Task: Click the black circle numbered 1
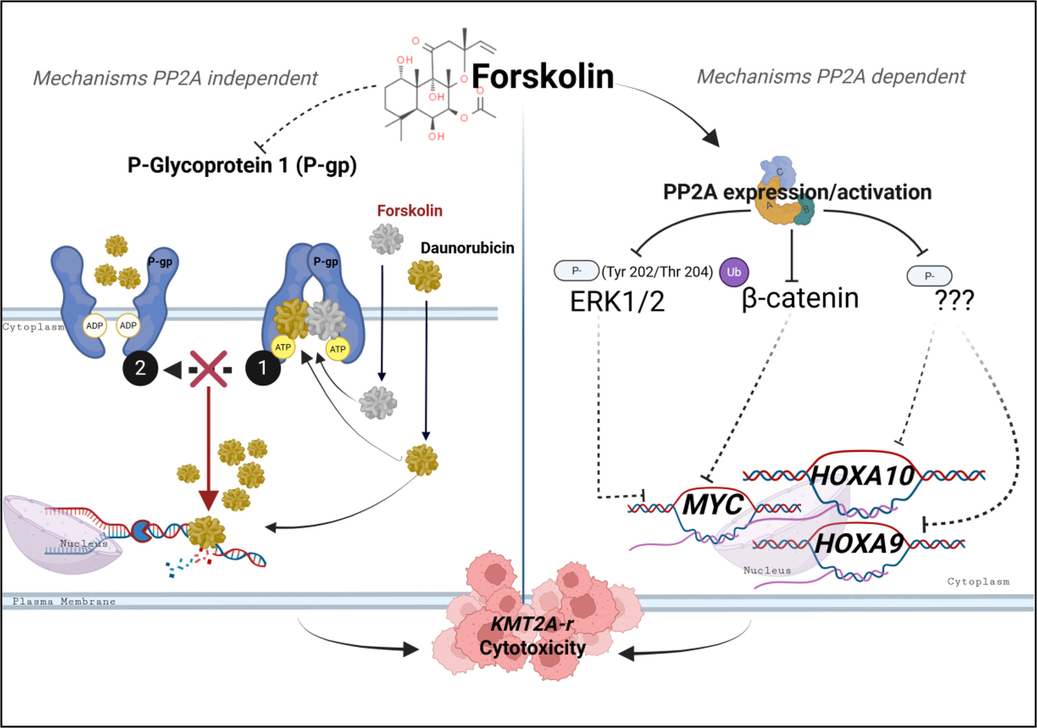point(263,368)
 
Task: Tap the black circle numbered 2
point(140,368)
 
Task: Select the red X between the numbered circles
point(208,369)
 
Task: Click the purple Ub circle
point(734,272)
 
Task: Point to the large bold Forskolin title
point(542,77)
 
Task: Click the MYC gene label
point(712,505)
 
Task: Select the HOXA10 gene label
point(862,475)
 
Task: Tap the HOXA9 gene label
point(859,544)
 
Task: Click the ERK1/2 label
point(617,301)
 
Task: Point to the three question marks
point(954,300)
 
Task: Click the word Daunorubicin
point(467,248)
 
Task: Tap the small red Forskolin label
point(409,211)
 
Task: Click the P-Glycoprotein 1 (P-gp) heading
point(242,165)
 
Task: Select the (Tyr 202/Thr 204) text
point(657,272)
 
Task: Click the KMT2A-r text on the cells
point(532,624)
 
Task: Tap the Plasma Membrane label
point(64,601)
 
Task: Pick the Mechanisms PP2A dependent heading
point(831,77)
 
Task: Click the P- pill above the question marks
point(929,276)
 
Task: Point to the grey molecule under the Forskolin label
point(386,239)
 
